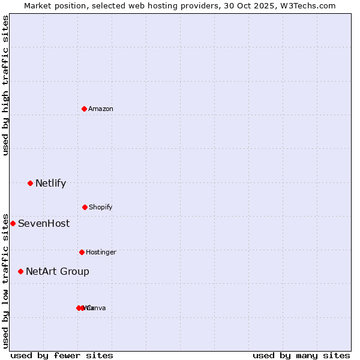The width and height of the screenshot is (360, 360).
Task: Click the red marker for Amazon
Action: coord(85,109)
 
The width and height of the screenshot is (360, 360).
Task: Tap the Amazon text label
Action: coord(101,109)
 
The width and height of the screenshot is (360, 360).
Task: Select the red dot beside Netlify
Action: coord(30,183)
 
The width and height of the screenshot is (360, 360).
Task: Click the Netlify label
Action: coord(50,183)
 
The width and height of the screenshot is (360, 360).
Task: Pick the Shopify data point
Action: coord(85,207)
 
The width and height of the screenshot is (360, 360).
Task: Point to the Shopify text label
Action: coord(101,207)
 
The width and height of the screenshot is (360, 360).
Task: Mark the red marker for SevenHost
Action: coord(13,223)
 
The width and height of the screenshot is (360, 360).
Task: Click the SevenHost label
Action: coord(44,223)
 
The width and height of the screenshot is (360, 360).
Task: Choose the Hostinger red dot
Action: coord(82,252)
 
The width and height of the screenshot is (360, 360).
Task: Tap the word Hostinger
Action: coord(101,252)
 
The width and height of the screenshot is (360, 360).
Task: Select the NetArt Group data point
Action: coord(20,271)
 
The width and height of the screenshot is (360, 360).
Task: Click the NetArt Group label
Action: coord(58,271)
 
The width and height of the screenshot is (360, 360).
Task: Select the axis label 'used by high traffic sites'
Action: coord(5,85)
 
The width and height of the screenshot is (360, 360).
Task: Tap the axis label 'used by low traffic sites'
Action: coord(5,280)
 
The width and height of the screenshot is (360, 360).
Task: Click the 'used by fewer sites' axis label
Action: coord(62,355)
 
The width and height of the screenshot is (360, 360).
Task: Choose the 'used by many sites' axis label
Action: coord(301,355)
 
